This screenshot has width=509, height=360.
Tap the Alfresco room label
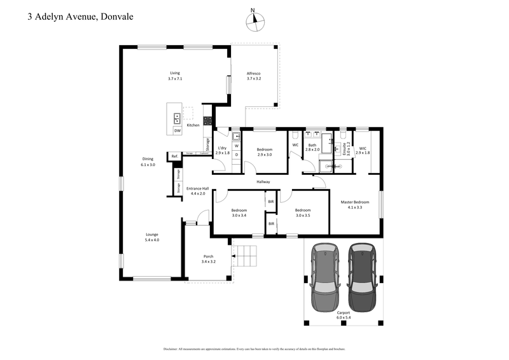pos(254,76)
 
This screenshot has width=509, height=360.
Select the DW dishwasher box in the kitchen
pos(178,130)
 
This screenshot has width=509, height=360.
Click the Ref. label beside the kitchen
pos(174,156)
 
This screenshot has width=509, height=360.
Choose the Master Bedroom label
pos(354,204)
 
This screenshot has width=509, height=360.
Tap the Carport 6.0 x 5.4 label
pos(344,315)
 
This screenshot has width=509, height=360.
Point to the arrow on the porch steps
pos(234,257)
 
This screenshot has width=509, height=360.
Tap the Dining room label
pos(148,162)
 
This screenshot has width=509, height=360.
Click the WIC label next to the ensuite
pos(362,151)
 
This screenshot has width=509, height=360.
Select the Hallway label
pos(263,182)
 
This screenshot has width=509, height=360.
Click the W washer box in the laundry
pos(236,145)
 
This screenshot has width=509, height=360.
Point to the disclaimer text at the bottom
pos(254,349)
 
